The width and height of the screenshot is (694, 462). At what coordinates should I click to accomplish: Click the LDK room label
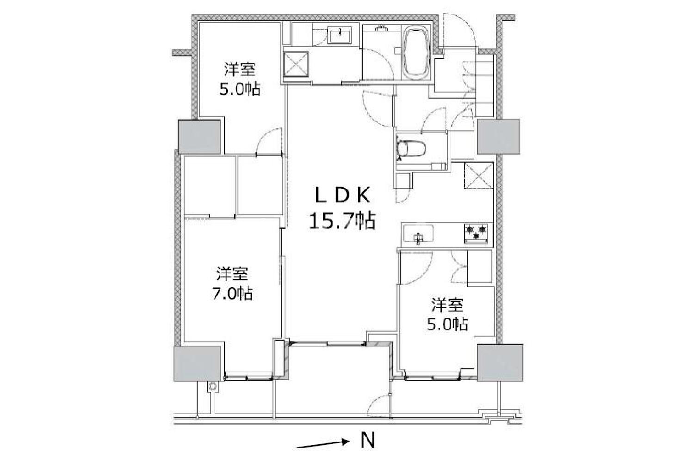342,196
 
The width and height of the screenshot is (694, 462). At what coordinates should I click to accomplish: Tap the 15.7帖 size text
342,221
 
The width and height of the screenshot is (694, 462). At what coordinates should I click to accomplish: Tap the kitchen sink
418,233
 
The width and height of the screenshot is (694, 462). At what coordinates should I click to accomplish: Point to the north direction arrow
322,444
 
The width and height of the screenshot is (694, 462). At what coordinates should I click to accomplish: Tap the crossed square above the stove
479,176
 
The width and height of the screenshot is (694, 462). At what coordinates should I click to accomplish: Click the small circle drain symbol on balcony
212,386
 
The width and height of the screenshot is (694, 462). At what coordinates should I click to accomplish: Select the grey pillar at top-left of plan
199,137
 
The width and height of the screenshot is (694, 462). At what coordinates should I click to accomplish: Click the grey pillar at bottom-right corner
500,363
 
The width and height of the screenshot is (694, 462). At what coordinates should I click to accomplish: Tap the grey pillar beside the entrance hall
498,136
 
